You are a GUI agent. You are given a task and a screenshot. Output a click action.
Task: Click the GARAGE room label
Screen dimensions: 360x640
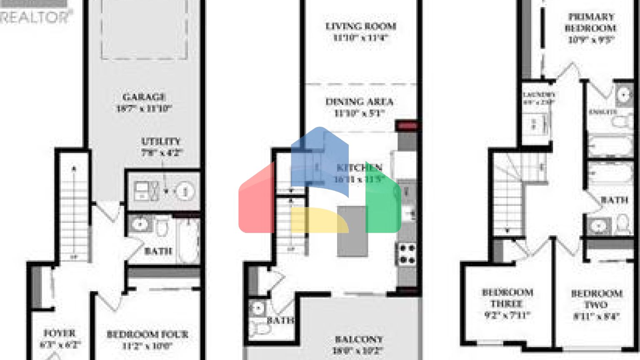coord(144,97)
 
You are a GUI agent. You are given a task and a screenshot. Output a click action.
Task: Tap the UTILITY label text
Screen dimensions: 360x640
coord(161,142)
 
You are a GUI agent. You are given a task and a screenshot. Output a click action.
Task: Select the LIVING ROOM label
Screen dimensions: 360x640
coord(360,26)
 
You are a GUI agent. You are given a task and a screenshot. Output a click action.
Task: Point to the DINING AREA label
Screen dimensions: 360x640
coord(359,102)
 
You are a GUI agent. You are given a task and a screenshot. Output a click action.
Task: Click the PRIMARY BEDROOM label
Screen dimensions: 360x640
coord(591,22)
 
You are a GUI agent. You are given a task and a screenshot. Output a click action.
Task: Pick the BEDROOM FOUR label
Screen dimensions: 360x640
coord(147,334)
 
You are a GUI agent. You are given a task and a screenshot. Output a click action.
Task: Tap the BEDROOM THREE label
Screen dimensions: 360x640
coord(507,298)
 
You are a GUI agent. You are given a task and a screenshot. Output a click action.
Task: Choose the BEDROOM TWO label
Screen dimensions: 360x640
coord(597,299)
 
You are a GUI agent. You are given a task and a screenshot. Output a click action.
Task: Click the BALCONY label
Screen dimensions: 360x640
coord(359,339)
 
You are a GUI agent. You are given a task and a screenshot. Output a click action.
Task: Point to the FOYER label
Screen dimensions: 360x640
coord(60,333)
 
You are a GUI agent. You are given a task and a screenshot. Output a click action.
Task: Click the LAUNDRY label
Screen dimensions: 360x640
coord(539,95)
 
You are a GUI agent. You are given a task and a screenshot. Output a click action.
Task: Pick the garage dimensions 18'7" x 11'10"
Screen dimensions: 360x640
coord(144,108)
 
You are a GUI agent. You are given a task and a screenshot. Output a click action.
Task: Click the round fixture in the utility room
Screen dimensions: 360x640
coord(184,191)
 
